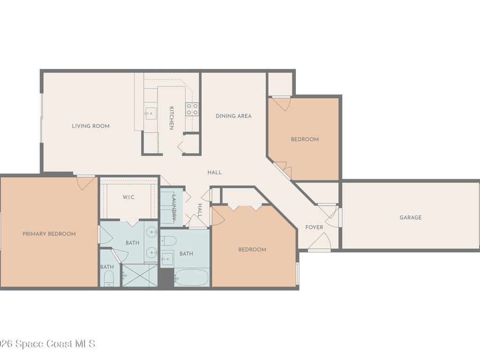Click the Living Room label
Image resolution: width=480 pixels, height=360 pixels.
point(90,126)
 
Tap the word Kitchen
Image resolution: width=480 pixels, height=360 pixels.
point(172,118)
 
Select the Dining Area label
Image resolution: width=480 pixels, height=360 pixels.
point(233,116)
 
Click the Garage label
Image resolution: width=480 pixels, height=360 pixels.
point(411,217)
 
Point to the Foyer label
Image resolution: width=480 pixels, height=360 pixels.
point(314,227)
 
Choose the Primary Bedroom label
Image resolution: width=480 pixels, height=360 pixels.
point(49,234)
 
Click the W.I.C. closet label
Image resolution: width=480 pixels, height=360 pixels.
point(129,197)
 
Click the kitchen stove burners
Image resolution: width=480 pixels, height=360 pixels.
point(192,109)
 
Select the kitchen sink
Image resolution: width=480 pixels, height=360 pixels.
point(150,113)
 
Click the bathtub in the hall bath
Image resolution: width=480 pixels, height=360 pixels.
point(191,277)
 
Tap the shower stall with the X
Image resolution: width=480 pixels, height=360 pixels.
point(140,276)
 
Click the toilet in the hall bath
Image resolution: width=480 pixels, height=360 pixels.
point(168,241)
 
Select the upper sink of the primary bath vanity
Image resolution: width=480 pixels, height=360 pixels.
point(151,232)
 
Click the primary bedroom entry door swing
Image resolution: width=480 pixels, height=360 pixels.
point(86,182)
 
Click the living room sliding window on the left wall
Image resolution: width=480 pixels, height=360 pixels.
point(42,118)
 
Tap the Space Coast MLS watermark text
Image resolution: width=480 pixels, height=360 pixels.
point(47,344)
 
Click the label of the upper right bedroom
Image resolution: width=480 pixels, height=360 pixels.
point(305,139)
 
